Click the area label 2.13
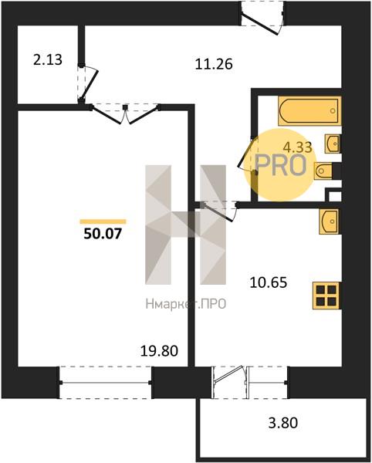(x=48, y=60)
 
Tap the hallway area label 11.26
(x=214, y=64)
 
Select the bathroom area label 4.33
(x=298, y=147)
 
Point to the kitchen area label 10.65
(x=269, y=282)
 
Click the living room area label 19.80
(x=159, y=351)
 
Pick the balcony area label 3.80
(x=282, y=423)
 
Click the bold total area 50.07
(x=103, y=234)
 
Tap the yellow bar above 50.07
(x=103, y=221)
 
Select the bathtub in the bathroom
(x=309, y=110)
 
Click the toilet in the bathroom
(x=324, y=171)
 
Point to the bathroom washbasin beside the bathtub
(x=333, y=144)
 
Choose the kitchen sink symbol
(x=330, y=221)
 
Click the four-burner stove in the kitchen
(x=326, y=296)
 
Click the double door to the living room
(x=126, y=113)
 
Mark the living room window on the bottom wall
(x=106, y=383)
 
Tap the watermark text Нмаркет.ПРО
(x=186, y=303)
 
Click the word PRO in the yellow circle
(x=281, y=165)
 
